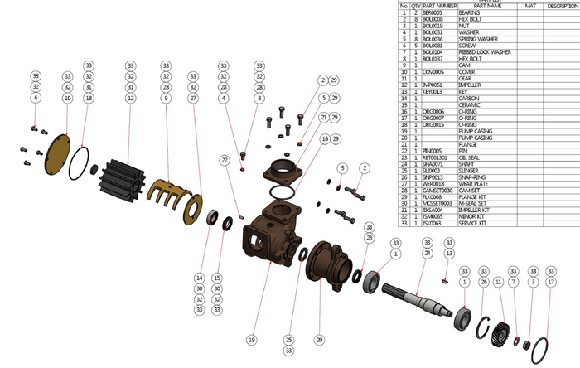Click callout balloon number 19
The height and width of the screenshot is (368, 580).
tap(251, 340)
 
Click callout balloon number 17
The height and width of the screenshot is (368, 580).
tap(552, 283)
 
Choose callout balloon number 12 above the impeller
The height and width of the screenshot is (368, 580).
tap(130, 98)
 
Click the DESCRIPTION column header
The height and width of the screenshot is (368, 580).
tap(563, 5)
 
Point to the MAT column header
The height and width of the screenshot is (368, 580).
tap(531, 5)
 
